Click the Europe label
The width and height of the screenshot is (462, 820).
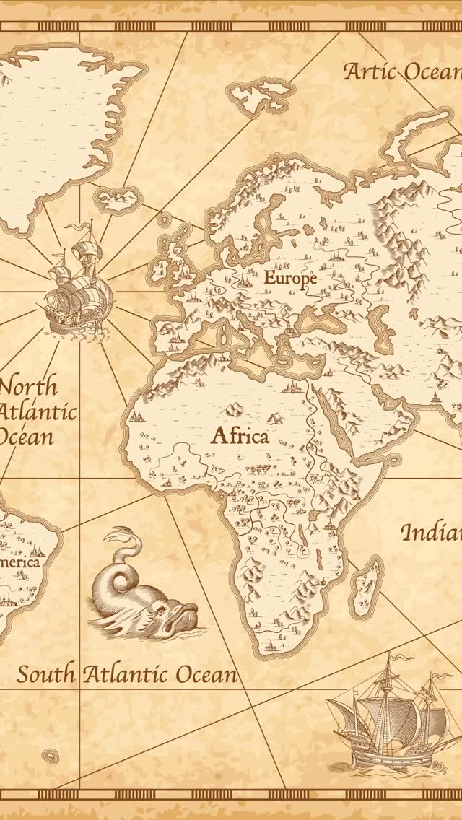(x=290, y=277)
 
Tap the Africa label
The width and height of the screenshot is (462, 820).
(x=240, y=436)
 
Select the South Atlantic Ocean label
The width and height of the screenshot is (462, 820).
(x=127, y=675)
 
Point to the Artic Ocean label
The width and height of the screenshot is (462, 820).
(x=402, y=71)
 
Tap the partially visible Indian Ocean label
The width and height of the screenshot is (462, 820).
(x=431, y=533)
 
